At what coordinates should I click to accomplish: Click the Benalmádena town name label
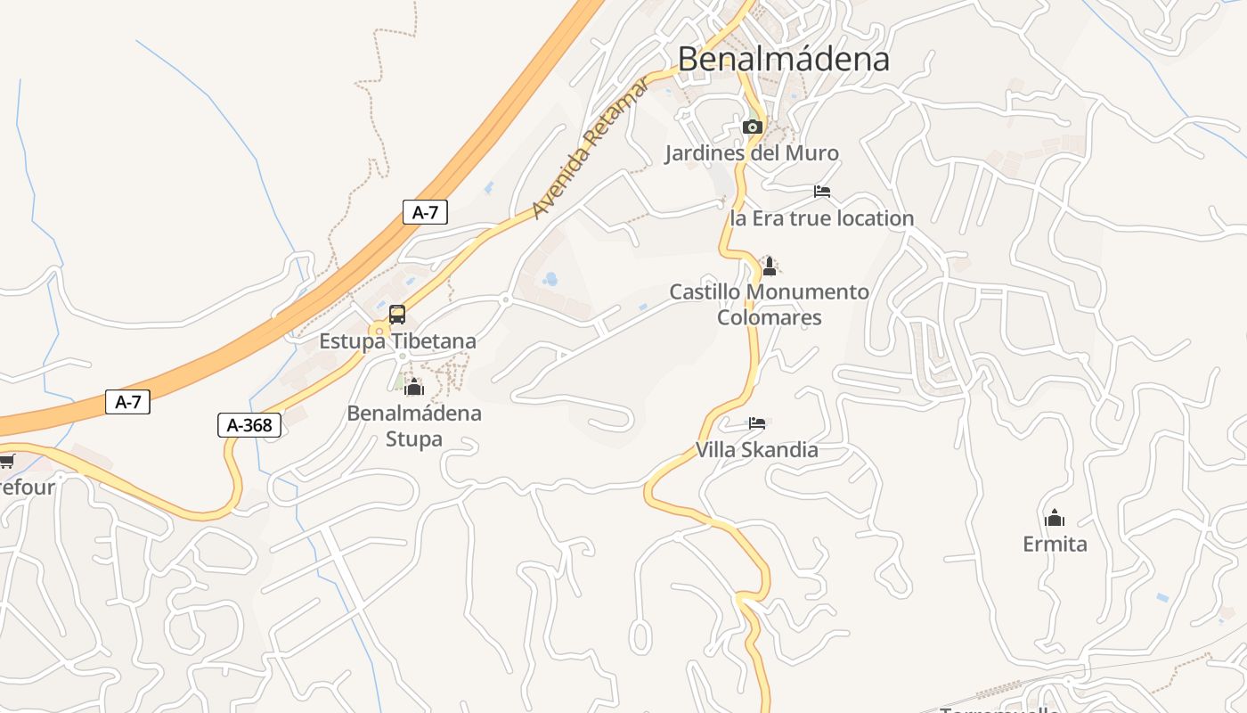[783, 59]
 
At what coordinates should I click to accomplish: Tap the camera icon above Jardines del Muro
[753, 127]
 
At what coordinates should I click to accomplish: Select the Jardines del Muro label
[752, 153]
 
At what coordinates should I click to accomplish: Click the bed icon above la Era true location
[822, 192]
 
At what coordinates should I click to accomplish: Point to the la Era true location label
[821, 218]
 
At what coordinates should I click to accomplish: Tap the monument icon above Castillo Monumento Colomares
[770, 266]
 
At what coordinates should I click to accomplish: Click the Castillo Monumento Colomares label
[770, 304]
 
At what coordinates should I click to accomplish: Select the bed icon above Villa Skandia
[757, 423]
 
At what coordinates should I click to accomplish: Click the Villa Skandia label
[756, 450]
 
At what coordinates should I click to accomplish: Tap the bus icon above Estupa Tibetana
[397, 314]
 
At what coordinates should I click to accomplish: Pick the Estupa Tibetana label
[397, 341]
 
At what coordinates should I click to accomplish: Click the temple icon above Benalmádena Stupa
[413, 387]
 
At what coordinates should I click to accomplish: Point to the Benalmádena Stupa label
[414, 426]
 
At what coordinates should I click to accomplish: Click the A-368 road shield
[249, 425]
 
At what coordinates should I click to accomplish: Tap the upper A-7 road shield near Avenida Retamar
[425, 212]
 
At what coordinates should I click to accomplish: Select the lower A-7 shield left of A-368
[128, 402]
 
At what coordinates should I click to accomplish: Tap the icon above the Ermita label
[1055, 518]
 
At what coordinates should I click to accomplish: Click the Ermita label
[1055, 544]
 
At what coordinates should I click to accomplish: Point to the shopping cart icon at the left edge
[7, 461]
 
